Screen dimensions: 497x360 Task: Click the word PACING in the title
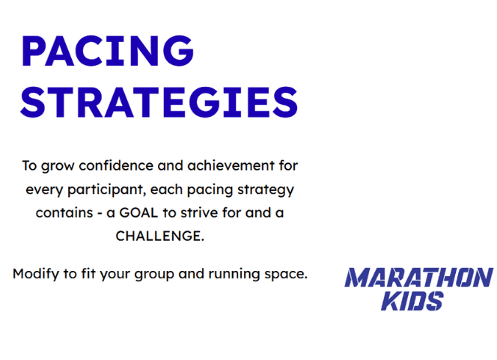click(108, 51)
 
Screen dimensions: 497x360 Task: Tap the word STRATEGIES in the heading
click(159, 102)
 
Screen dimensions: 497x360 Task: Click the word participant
click(107, 190)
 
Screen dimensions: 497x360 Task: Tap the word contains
click(64, 213)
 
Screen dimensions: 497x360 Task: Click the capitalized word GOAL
click(138, 213)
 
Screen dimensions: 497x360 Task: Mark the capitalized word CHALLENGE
click(159, 236)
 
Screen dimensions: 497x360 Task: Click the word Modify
click(36, 274)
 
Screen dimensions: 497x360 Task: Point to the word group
click(154, 275)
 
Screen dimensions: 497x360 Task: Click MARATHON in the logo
click(418, 277)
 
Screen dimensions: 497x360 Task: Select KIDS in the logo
click(412, 301)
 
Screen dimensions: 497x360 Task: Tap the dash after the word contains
click(100, 213)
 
